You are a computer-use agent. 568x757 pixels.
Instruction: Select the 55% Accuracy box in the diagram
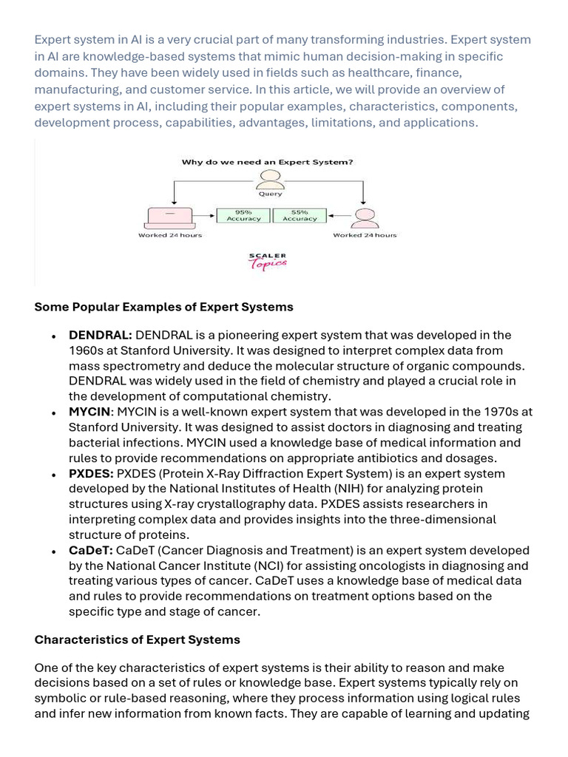pyautogui.click(x=300, y=215)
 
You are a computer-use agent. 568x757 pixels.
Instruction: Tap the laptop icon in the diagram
pyautogui.click(x=169, y=217)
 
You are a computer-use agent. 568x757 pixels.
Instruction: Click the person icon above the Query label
pyautogui.click(x=270, y=179)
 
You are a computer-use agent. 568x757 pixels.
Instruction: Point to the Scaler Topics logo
pyautogui.click(x=267, y=261)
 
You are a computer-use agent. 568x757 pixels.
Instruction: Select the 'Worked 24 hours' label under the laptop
pyautogui.click(x=170, y=235)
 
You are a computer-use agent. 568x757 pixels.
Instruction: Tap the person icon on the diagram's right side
pyautogui.click(x=364, y=217)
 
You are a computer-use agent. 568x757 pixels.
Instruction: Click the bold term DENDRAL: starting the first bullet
pyautogui.click(x=101, y=335)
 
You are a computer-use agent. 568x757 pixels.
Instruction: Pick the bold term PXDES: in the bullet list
pyautogui.click(x=91, y=473)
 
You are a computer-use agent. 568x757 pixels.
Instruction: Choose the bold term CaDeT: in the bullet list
pyautogui.click(x=91, y=550)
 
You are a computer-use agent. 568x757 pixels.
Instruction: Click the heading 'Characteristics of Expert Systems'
pyautogui.click(x=138, y=639)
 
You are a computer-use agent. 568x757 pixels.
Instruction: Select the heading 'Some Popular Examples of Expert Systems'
pyautogui.click(x=163, y=307)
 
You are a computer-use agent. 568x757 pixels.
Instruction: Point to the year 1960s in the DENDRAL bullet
pyautogui.click(x=87, y=350)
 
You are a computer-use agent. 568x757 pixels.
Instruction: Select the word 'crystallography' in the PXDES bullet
pyautogui.click(x=237, y=504)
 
